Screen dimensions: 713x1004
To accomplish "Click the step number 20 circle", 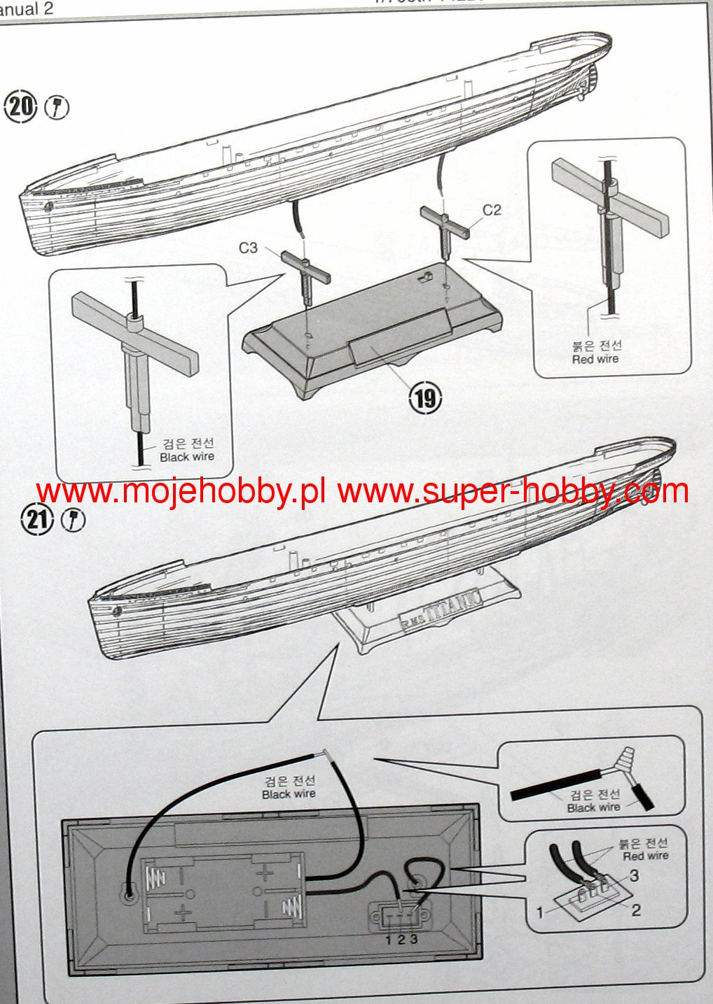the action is (x=22, y=107).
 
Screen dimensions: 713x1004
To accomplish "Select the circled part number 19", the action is (x=425, y=398).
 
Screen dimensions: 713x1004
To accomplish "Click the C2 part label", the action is (x=492, y=210).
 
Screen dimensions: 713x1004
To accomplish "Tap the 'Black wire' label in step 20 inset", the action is (x=186, y=457).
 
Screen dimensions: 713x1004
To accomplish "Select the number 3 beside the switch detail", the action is (x=634, y=875).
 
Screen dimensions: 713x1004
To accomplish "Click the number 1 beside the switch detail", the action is (x=540, y=912).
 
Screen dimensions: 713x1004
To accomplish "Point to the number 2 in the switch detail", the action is (x=636, y=910).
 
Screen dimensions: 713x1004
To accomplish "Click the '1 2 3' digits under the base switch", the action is (x=401, y=939).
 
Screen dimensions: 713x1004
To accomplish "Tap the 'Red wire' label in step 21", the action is (x=645, y=856).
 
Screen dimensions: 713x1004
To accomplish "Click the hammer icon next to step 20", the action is (x=57, y=108).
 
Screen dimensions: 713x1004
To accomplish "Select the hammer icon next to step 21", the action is (x=72, y=520).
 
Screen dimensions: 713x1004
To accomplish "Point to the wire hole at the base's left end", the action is (x=128, y=893).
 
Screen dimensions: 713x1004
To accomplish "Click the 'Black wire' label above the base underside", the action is (x=289, y=794).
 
